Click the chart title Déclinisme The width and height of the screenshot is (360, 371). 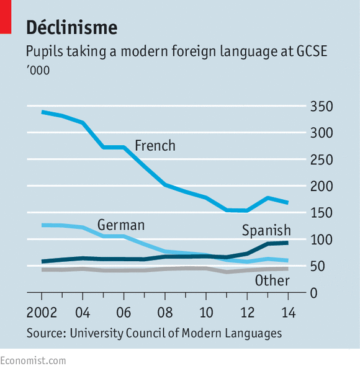click(71, 27)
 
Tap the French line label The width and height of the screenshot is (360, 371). click(155, 146)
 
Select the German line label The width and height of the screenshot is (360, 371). click(120, 225)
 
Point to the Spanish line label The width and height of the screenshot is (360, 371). click(266, 231)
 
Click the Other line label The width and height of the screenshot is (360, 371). click(272, 281)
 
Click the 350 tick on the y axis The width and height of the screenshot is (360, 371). click(322, 107)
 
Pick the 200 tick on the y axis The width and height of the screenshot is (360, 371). click(322, 186)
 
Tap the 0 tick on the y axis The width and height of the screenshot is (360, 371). click(314, 292)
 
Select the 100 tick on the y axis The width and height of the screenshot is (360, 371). click(322, 239)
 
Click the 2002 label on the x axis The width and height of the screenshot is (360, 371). click(42, 311)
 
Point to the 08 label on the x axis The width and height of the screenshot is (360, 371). click(164, 311)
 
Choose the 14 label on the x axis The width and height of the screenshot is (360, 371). click(287, 311)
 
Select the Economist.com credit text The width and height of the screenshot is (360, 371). click(33, 360)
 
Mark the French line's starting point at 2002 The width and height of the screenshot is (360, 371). click(42, 112)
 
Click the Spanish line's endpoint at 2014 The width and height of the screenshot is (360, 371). click(287, 243)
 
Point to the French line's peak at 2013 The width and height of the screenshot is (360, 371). click(267, 198)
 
